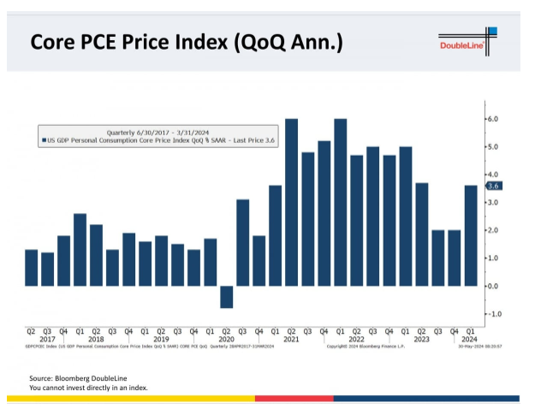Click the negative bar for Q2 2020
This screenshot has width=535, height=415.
coord(226,296)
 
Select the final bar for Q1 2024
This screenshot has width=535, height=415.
coord(471,235)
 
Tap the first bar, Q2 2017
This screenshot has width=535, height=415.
coord(31,267)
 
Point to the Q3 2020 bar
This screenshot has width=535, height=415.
coord(242,242)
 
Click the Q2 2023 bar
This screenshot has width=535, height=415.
coord(422,234)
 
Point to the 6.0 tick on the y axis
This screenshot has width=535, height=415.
coord(492,118)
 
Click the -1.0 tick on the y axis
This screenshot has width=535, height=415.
coord(492,314)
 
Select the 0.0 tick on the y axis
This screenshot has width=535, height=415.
coord(492,286)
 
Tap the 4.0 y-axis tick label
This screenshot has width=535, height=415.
coord(492,175)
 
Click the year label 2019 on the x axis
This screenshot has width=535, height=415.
coord(161,339)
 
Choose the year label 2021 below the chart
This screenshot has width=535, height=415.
coord(291,339)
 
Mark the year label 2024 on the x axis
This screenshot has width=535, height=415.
coord(470,339)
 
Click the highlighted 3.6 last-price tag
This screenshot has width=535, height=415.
coord(493,185)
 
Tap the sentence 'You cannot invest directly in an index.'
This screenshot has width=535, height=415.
coord(88,388)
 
